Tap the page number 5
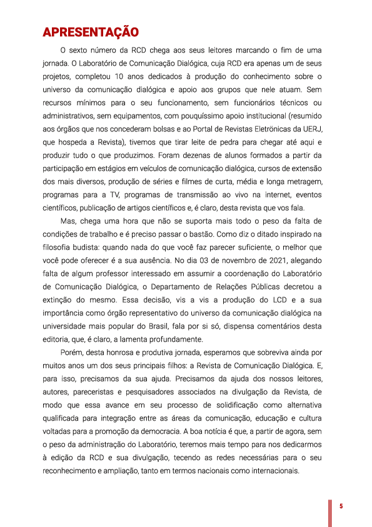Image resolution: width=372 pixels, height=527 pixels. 341,506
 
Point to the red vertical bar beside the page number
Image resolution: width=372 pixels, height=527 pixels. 331,512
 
